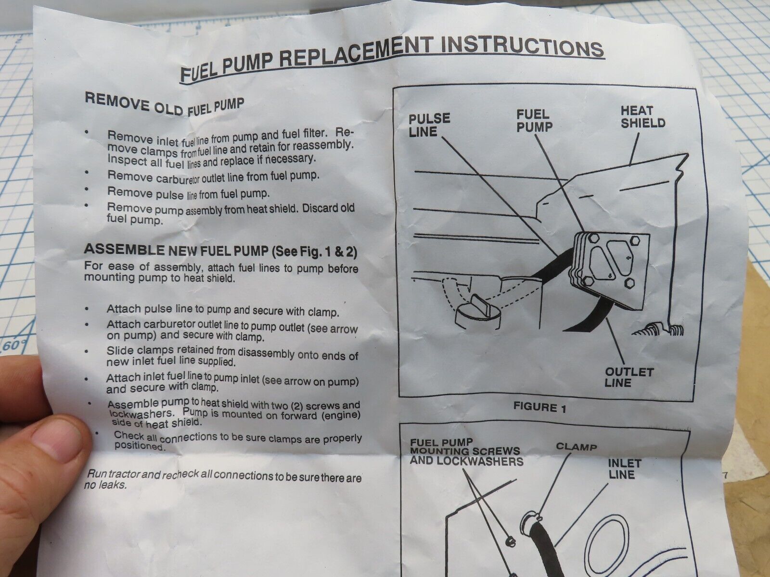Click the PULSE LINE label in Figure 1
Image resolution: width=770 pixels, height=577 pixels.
click(429, 125)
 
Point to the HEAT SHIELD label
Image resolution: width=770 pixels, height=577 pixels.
click(642, 117)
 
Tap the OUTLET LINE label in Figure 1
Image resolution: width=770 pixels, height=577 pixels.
click(629, 377)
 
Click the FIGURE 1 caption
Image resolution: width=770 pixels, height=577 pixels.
click(539, 407)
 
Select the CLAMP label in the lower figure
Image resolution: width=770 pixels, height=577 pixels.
click(576, 447)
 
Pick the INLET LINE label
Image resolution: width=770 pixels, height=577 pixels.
click(624, 469)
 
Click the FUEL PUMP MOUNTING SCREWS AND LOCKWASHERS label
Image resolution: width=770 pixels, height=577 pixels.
click(466, 452)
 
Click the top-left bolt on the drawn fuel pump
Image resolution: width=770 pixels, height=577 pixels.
click(592, 238)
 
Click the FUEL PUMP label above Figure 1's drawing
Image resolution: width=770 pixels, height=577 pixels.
click(534, 121)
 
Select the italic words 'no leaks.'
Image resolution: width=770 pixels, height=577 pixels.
click(105, 485)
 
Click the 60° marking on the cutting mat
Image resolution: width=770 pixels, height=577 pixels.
click(14, 345)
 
